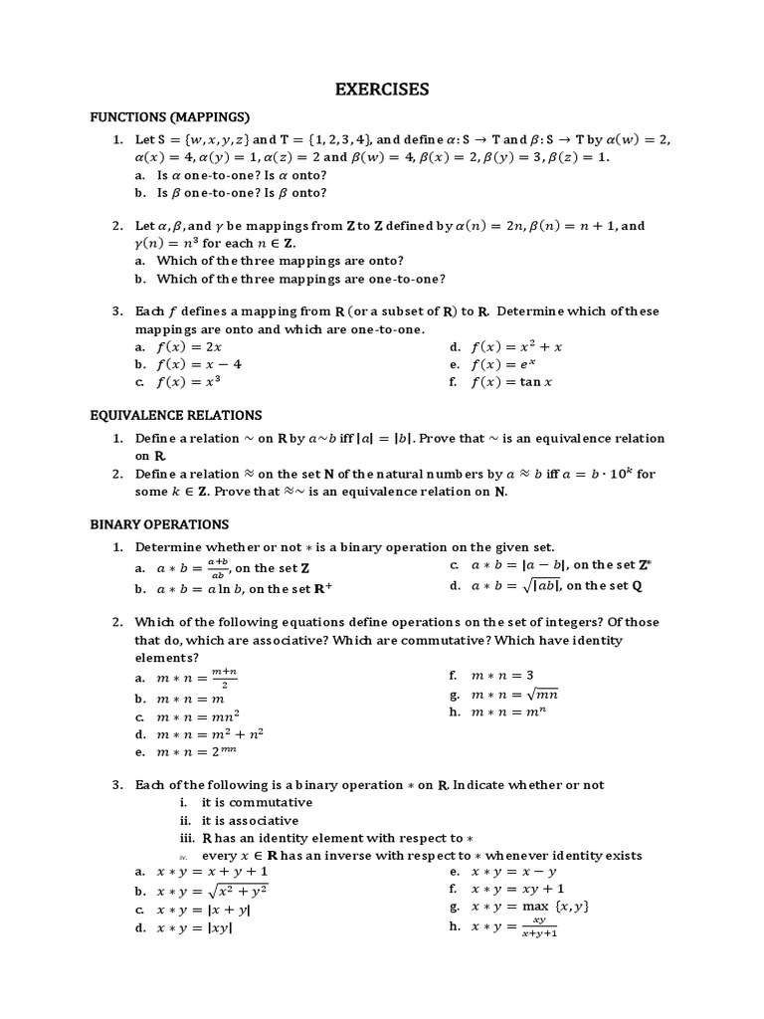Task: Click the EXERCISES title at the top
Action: click(381, 90)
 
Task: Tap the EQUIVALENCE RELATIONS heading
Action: click(176, 415)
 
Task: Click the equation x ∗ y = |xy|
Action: click(195, 928)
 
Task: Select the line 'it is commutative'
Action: click(257, 803)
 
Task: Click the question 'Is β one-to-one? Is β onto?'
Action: click(242, 193)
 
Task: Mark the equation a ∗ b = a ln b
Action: click(206, 589)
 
